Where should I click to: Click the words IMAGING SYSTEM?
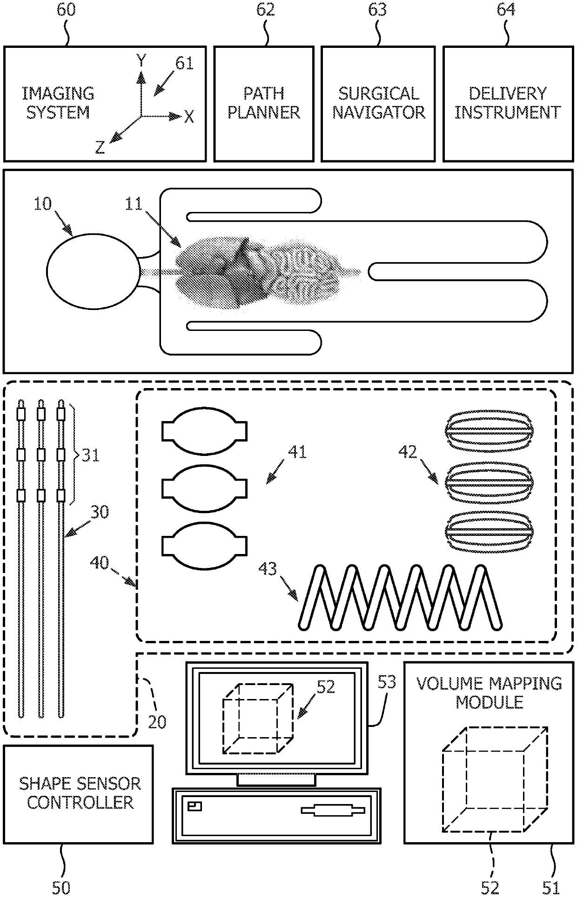click(x=58, y=103)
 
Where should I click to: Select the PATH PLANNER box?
click(x=263, y=104)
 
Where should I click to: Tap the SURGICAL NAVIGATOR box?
click(x=378, y=104)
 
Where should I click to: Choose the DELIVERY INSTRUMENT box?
click(x=508, y=104)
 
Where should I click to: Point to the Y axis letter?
click(x=141, y=61)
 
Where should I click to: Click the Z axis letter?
click(x=100, y=148)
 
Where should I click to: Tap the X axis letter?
click(x=188, y=117)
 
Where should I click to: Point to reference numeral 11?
click(x=134, y=204)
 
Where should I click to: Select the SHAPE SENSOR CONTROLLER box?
click(x=79, y=794)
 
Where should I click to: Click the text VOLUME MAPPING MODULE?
click(x=489, y=693)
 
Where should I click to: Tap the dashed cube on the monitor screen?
click(x=258, y=718)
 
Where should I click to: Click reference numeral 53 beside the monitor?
click(x=387, y=682)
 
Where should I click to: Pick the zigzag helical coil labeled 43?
click(x=400, y=597)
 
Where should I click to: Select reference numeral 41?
click(x=298, y=452)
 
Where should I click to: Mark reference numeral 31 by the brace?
click(x=91, y=455)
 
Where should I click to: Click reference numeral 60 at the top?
click(x=66, y=10)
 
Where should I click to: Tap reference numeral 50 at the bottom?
click(x=61, y=888)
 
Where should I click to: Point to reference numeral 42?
click(x=408, y=452)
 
